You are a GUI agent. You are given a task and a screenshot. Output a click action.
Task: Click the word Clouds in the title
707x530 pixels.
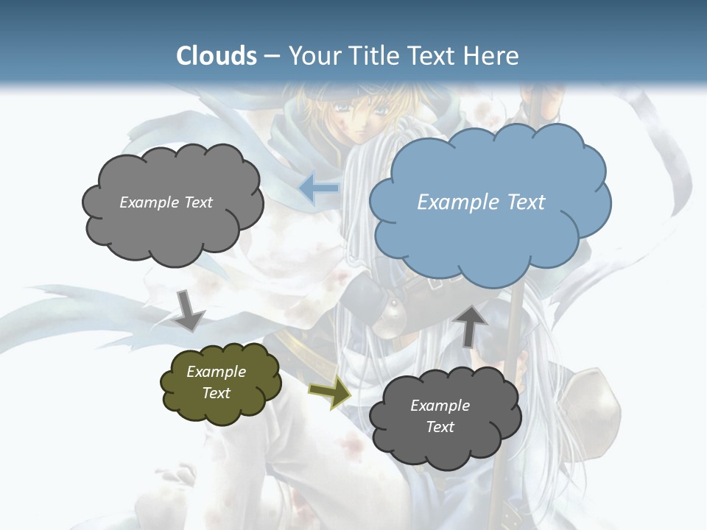(217, 56)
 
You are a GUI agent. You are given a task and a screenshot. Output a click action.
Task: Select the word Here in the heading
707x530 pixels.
(493, 56)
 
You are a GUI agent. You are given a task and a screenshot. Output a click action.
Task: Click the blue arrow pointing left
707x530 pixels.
(319, 188)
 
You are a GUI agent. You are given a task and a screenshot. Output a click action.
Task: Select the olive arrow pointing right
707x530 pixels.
(329, 395)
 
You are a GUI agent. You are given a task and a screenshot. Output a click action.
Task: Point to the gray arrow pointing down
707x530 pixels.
(189, 309)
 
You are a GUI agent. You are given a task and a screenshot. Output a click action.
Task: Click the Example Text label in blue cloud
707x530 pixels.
(481, 202)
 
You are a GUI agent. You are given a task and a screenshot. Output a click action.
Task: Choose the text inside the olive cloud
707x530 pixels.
(217, 383)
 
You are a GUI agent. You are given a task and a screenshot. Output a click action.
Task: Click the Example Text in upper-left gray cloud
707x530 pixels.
(166, 202)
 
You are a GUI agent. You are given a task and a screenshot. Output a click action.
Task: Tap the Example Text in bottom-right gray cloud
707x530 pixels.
(440, 416)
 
